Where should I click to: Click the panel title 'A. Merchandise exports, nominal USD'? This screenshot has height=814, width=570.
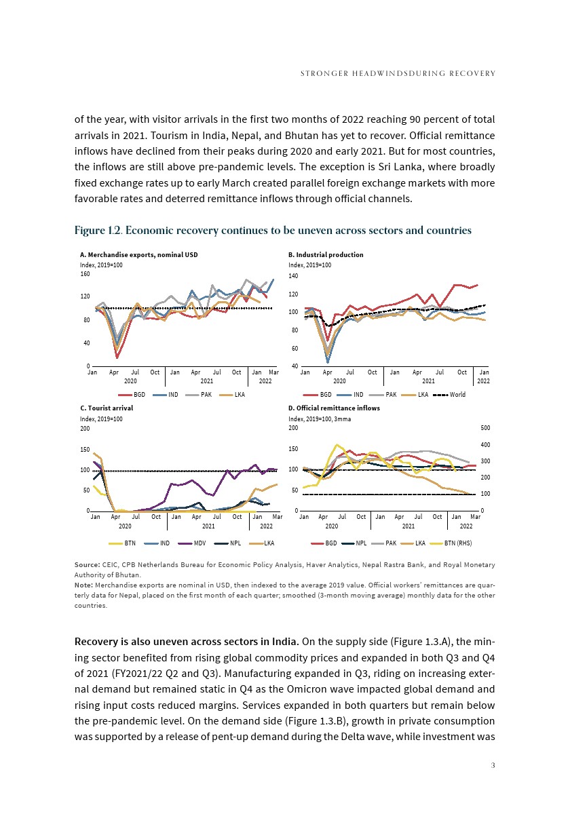click(x=138, y=255)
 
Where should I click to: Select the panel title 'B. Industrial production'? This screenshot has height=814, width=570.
click(x=326, y=255)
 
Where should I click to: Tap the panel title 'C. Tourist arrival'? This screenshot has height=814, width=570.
click(x=107, y=408)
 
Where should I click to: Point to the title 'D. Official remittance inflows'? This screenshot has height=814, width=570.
click(x=334, y=408)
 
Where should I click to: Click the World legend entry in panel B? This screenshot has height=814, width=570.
click(x=455, y=394)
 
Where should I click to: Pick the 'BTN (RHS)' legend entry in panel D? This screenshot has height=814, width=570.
click(x=459, y=543)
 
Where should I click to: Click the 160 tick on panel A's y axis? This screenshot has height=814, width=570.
click(x=85, y=274)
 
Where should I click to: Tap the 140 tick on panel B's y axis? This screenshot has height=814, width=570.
click(x=293, y=277)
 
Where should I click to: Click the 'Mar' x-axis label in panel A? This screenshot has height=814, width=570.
click(x=273, y=372)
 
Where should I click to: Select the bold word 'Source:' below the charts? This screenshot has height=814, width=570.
click(x=87, y=564)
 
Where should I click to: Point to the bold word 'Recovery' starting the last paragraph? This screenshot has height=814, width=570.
click(x=99, y=641)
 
